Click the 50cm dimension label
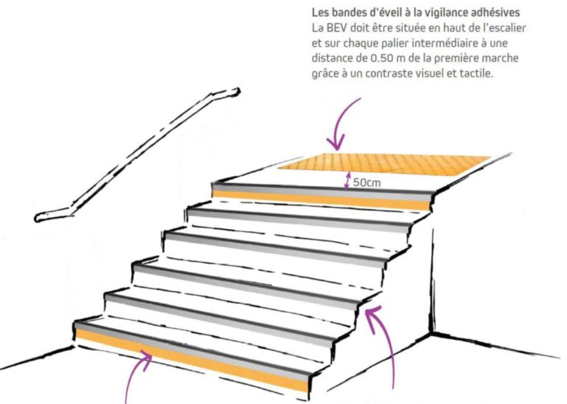tap(367, 183)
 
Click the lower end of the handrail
tap(38, 218)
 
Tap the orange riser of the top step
tap(321, 200)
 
